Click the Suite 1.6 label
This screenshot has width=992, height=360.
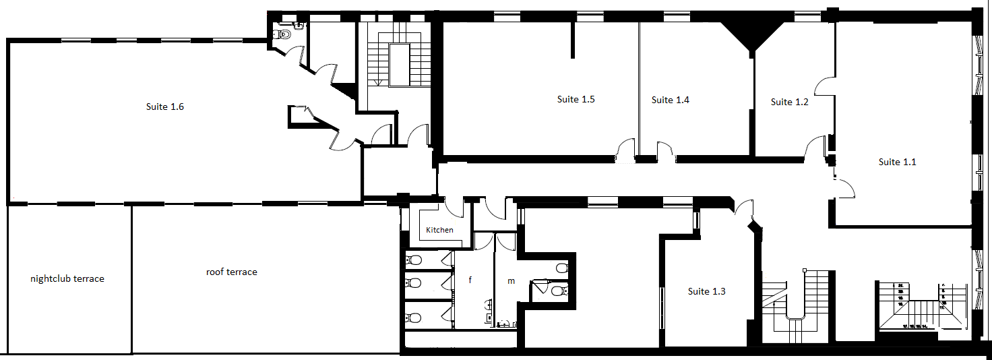click(165, 107)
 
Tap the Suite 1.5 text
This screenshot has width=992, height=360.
click(576, 99)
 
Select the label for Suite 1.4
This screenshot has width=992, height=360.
click(670, 100)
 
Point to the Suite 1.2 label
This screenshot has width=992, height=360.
click(789, 102)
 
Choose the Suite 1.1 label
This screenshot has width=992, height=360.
click(897, 162)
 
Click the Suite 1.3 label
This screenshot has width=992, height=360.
click(706, 291)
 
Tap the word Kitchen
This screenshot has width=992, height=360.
click(439, 230)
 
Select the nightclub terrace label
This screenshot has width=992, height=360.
click(67, 278)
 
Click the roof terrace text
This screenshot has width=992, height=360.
click(231, 272)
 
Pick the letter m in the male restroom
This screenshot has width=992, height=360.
click(511, 280)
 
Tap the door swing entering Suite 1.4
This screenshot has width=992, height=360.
click(666, 152)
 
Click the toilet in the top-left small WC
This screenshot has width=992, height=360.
click(284, 33)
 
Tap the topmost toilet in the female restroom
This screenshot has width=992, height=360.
click(415, 260)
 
